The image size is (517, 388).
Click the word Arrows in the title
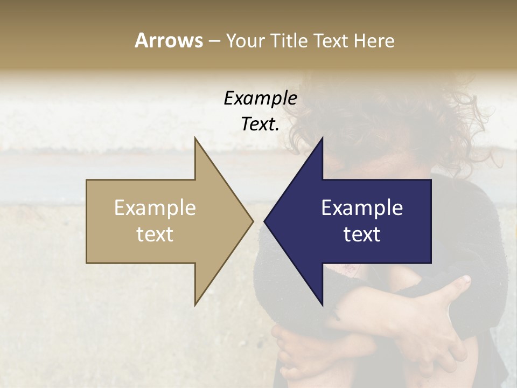[x=169, y=40]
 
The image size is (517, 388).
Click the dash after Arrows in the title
[x=214, y=41]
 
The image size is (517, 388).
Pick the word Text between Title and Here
[x=332, y=41]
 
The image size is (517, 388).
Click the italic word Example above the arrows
[x=260, y=99]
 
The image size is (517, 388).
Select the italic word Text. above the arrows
[x=260, y=124]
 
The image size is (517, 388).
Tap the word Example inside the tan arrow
[x=155, y=208]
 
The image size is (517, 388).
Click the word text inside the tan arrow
[x=155, y=234]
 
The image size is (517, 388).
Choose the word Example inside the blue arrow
[x=362, y=208]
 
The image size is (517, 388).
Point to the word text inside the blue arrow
[x=362, y=234]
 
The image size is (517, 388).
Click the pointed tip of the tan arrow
[x=253, y=221]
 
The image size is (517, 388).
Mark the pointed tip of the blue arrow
[x=265, y=221]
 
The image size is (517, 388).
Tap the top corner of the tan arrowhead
[x=195, y=138]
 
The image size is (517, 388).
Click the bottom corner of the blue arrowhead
[x=322, y=304]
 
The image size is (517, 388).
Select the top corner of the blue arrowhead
[x=322, y=138]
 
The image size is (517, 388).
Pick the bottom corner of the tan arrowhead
[x=195, y=304]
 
